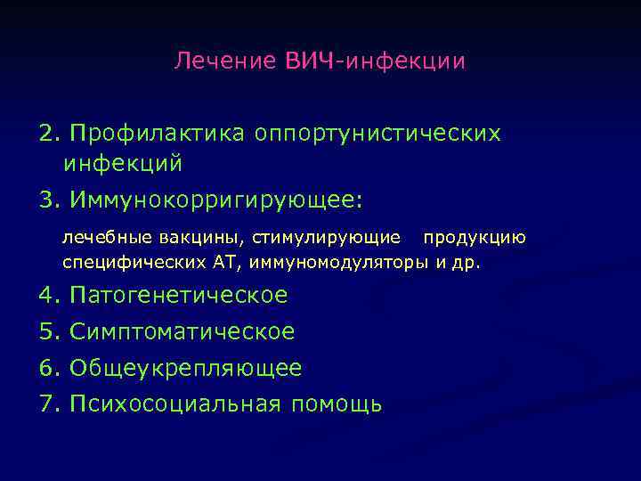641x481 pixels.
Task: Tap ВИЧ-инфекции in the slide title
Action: [376, 61]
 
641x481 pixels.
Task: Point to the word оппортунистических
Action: [377, 133]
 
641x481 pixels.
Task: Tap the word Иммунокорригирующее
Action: [214, 198]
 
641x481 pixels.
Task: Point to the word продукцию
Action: [474, 238]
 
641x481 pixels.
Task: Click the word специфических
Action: [124, 263]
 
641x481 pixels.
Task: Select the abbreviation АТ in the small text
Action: [223, 263]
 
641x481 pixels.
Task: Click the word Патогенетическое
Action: [178, 295]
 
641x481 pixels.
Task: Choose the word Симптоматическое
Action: [182, 331]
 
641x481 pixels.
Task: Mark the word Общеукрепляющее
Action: [185, 367]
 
